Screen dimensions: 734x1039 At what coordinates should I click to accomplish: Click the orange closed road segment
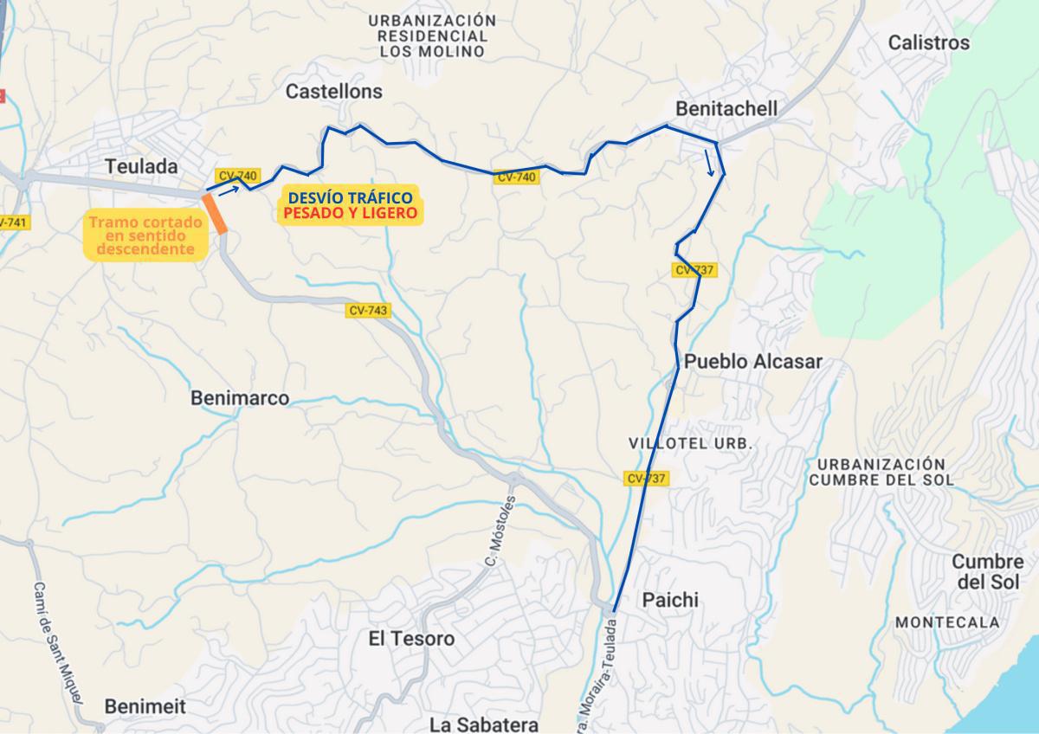(x=214, y=214)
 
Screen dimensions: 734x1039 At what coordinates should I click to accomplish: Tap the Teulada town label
(x=140, y=166)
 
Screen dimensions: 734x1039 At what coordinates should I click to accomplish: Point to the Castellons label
(x=333, y=91)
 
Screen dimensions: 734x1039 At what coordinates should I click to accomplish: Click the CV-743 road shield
(x=369, y=311)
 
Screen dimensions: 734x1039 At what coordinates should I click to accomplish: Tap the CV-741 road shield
(x=12, y=223)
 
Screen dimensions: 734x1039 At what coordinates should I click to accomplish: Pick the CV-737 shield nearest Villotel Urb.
(x=647, y=478)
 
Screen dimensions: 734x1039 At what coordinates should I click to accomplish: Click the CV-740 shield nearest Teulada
(x=238, y=176)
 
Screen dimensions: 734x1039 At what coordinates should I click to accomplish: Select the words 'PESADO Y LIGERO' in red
(x=350, y=212)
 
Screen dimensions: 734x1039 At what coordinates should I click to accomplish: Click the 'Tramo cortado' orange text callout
(x=145, y=235)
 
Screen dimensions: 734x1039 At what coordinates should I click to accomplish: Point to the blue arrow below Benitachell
(x=710, y=163)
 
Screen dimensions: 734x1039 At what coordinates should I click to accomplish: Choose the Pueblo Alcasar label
(x=752, y=362)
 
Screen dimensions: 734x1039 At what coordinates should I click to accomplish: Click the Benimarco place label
(x=239, y=398)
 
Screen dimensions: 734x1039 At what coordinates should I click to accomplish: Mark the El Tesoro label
(x=410, y=639)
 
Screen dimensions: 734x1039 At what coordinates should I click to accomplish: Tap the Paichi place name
(x=669, y=600)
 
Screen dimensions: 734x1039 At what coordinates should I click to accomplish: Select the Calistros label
(x=929, y=42)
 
